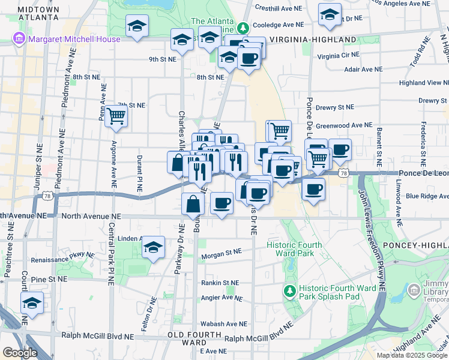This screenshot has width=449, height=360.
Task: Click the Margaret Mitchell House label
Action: coord(73,40)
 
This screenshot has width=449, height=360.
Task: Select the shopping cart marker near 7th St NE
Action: coord(116,116)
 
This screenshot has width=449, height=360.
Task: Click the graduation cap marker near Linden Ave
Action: coord(154,247)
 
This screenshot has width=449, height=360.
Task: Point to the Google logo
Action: coord(20,353)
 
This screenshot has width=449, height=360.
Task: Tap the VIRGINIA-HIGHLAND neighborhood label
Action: coord(313,40)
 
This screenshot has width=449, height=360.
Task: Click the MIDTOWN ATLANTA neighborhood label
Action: coord(38,13)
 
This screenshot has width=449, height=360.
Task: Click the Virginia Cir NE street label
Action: coord(338,55)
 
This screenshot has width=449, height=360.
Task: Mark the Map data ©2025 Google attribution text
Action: coord(411,355)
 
